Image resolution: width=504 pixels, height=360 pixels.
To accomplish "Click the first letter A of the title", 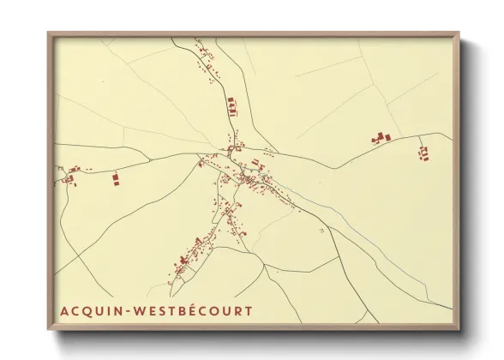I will click(x=63, y=310).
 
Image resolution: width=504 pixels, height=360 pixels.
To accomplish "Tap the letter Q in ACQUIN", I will click(x=87, y=310).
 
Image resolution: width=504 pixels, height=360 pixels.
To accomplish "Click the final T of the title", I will click(x=249, y=310).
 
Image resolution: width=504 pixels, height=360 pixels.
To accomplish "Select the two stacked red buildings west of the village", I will click(x=115, y=178).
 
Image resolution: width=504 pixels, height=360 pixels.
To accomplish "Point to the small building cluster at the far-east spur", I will click(x=423, y=153).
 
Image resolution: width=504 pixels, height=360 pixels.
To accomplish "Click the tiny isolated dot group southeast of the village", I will click(x=321, y=230).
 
